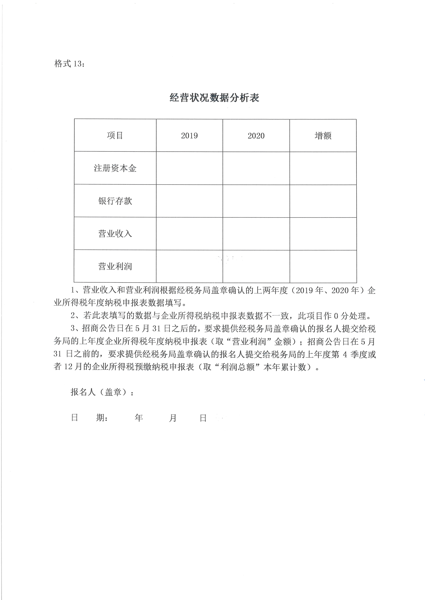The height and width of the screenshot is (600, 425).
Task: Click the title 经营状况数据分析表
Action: [214, 98]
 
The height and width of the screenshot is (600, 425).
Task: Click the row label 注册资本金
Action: [115, 168]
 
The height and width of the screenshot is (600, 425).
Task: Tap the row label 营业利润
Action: [115, 266]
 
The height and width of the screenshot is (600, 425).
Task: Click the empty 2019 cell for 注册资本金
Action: [190, 168]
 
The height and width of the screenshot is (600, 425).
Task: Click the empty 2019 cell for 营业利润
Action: [190, 266]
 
